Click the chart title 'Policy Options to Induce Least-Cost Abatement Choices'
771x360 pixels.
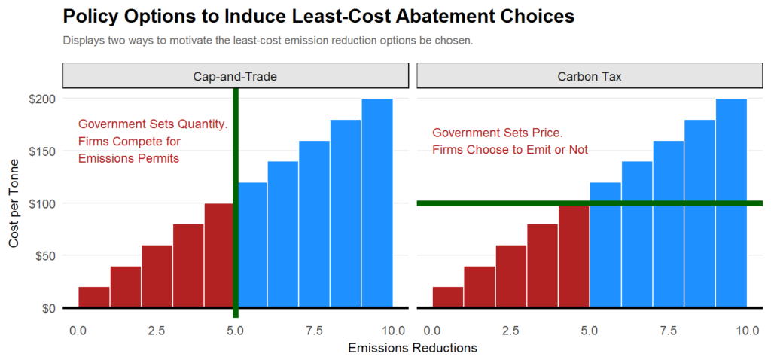click(318, 17)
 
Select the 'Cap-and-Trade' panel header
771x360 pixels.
click(235, 76)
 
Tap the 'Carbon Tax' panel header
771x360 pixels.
click(589, 76)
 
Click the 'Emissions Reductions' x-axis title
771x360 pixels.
click(412, 349)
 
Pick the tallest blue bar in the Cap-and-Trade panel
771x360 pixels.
click(376, 203)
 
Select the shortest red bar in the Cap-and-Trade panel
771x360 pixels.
click(94, 297)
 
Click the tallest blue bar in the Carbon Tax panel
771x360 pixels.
click(731, 203)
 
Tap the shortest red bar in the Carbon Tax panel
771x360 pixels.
click(448, 297)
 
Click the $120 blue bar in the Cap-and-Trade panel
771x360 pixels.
click(252, 245)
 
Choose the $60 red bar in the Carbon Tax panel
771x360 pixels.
click(510, 276)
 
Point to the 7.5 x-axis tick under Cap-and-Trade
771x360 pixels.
click(314, 331)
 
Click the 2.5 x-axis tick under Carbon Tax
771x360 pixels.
click(510, 331)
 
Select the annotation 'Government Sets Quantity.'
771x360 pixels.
click(153, 124)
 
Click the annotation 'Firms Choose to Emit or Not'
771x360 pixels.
click(510, 150)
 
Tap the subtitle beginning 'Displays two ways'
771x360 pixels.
click(267, 41)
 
